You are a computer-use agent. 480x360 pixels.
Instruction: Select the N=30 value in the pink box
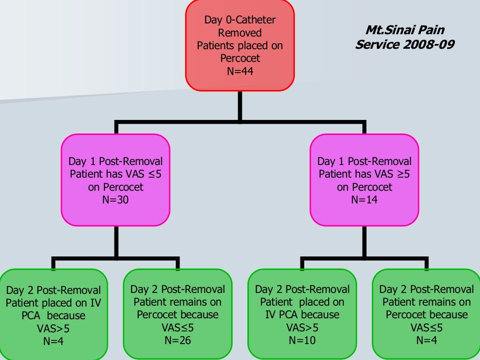pos(116,199)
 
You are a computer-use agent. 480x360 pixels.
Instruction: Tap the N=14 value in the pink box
pos(364,199)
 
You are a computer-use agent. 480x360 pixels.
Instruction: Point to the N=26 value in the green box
pos(178,339)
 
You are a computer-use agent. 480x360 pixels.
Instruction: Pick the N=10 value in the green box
pos(302,339)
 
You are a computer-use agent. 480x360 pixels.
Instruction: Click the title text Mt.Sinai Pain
pos(405,30)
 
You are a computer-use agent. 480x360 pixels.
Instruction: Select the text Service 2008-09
pos(405,45)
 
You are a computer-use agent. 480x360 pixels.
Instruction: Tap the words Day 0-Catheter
pos(240,20)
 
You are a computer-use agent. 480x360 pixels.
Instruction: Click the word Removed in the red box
pos(240,33)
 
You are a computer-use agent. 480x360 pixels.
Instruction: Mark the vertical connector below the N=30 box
pos(116,241)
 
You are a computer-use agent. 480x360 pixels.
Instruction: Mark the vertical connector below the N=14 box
pos(364,241)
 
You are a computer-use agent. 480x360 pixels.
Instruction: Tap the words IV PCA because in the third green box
pos(302,315)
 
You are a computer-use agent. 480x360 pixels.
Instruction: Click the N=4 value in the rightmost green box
pos(427,339)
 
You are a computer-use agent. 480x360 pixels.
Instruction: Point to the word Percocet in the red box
pos(240,58)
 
